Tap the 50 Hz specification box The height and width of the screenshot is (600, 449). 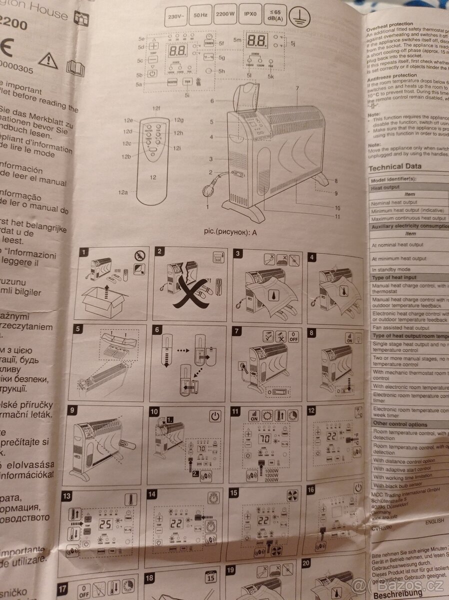[201, 15]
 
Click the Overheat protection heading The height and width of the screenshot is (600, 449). [390, 24]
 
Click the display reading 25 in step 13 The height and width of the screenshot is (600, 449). [105, 523]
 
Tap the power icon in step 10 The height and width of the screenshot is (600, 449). [215, 416]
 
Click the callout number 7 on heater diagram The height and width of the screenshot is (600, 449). [296, 88]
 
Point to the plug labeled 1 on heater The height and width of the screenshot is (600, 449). [208, 192]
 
